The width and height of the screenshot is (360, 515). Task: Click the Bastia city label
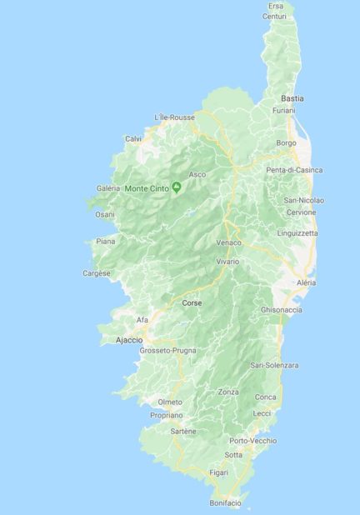[292, 98]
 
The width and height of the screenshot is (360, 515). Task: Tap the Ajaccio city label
[128, 340]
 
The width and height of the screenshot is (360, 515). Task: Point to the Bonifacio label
[225, 502]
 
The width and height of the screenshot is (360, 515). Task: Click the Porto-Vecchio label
[252, 440]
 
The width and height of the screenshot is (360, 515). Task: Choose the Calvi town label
[133, 138]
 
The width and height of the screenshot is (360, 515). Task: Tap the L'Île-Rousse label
[175, 117]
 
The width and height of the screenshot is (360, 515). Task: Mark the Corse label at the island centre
[192, 302]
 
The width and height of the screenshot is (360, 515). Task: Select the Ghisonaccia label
[281, 309]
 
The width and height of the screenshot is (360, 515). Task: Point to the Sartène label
[183, 431]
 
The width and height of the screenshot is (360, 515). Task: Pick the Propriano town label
[167, 414]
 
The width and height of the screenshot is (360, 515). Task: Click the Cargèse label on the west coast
[97, 272]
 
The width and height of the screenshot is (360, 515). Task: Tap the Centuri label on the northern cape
[274, 16]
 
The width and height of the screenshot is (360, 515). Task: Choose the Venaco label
[228, 242]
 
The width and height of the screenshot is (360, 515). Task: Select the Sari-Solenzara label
[274, 365]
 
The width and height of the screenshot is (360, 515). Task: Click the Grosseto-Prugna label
[167, 351]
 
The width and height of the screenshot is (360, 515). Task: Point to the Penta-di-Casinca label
[294, 170]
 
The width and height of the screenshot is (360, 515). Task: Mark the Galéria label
[108, 188]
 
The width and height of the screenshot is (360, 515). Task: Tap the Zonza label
[227, 392]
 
